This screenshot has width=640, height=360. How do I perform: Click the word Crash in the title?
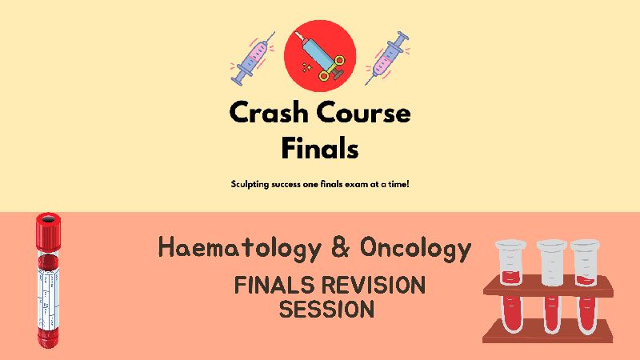[268, 112]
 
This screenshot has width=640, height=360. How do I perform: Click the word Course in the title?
[364, 113]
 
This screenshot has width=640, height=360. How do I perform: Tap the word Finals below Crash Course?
[320, 148]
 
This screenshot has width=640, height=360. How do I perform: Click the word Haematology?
[239, 248]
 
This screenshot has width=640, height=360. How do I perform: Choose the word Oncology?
[415, 248]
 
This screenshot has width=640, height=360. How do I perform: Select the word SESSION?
[326, 309]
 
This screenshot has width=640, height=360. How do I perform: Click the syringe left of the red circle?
[253, 58]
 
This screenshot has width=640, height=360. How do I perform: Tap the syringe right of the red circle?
[387, 58]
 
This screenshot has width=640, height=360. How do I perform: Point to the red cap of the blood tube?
[48, 228]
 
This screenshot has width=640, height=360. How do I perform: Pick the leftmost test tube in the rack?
[510, 286]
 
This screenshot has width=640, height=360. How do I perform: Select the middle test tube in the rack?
[551, 286]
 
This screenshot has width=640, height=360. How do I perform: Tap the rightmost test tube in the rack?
[586, 286]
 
